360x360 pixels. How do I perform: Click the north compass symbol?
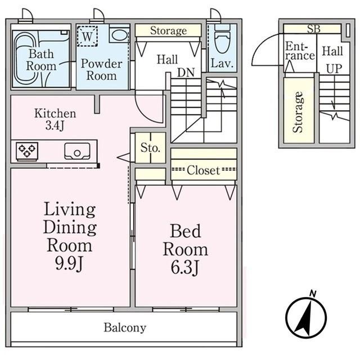[x=306, y=317]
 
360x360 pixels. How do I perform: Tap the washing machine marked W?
[x=87, y=36]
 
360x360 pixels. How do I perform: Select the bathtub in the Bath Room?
[x=25, y=58]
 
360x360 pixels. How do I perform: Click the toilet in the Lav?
[x=222, y=38]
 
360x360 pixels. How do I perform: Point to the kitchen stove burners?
[x=27, y=151]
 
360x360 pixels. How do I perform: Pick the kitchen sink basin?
[x=77, y=151]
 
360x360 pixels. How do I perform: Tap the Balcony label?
[x=125, y=328]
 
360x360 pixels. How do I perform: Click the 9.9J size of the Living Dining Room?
[x=69, y=264]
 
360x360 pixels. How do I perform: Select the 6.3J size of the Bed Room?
[x=185, y=268]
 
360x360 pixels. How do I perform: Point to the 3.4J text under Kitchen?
[x=55, y=125]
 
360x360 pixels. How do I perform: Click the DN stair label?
[x=186, y=73]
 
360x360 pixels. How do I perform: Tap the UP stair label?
[x=334, y=69]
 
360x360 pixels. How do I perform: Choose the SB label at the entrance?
[x=314, y=29]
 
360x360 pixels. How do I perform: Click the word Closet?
[x=204, y=170]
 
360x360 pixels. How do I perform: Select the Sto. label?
[x=150, y=148]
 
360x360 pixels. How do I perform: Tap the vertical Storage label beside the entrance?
[x=298, y=112]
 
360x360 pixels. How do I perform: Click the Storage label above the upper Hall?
[x=169, y=31]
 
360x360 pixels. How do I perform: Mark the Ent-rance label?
[x=300, y=51]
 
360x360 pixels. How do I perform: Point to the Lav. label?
[x=222, y=64]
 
